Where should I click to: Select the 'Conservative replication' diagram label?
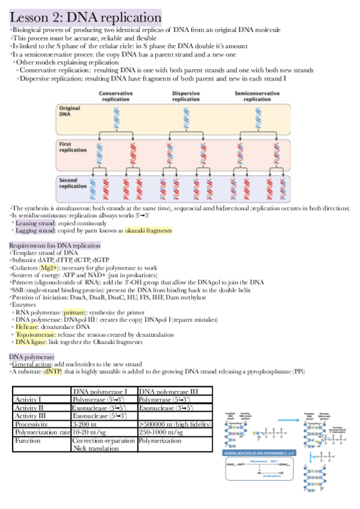tap(116, 97)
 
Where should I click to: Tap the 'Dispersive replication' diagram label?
tap(186, 97)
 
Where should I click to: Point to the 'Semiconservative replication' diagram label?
tap(257, 97)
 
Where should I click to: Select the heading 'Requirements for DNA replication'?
tap(55, 245)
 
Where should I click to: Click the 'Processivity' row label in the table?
tap(37, 424)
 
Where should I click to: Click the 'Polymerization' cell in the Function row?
tap(160, 441)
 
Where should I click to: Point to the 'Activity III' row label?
tap(32, 415)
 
